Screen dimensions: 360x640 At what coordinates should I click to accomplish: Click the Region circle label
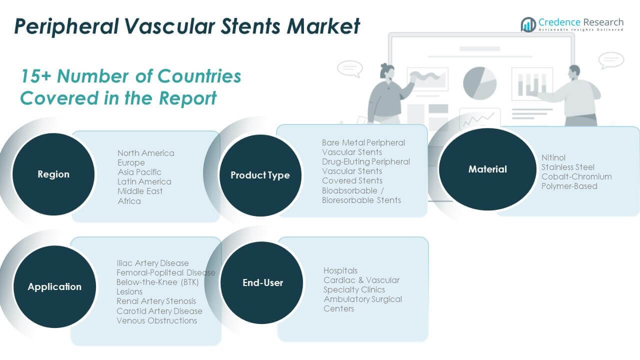[53, 174]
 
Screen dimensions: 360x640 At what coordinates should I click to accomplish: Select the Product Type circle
[260, 175]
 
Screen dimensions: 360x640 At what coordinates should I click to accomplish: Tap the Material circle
[487, 169]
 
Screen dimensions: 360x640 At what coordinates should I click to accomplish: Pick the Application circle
[54, 287]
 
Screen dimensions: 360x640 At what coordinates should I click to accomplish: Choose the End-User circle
[262, 283]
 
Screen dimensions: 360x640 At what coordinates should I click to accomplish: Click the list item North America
[146, 153]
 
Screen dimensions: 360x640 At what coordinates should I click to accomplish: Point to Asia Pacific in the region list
[139, 172]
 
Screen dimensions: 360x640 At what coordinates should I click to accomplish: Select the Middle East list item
[140, 191]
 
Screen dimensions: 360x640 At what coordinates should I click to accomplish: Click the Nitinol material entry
[553, 157]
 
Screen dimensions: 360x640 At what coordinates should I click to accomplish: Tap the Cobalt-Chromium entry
[576, 176]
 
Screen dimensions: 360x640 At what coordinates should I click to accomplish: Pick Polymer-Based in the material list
[569, 186]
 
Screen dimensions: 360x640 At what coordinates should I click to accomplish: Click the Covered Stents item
[352, 180]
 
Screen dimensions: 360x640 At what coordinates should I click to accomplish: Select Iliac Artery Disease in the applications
[153, 263]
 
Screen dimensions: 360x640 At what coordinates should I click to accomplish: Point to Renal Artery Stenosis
[156, 301]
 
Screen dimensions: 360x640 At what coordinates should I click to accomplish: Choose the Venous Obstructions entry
[157, 320]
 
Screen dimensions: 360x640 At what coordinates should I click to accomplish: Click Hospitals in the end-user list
[340, 270]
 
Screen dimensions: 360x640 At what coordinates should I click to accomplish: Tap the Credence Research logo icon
[528, 24]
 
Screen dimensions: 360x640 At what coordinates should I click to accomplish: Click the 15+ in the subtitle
[35, 76]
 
